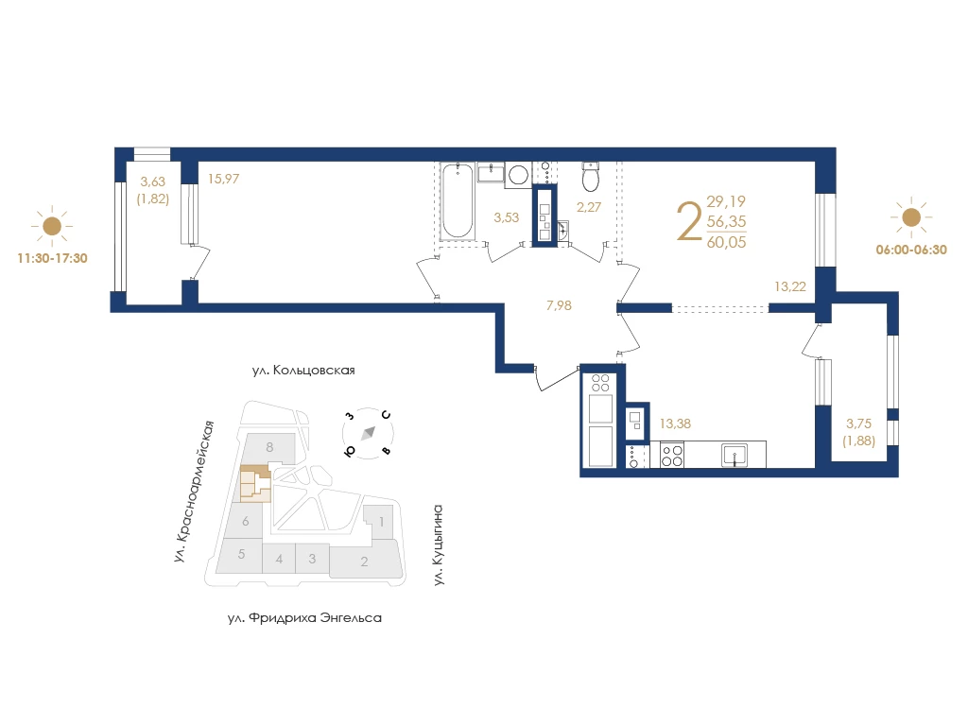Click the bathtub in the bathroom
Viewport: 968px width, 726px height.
(458, 200)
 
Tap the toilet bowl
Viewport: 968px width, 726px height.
(591, 178)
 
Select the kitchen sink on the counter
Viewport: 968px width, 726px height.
(735, 455)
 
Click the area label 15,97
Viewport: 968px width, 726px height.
(223, 179)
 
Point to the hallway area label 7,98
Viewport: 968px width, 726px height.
(559, 305)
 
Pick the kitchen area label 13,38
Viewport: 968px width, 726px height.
(675, 423)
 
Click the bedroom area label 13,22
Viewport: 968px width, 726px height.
(790, 286)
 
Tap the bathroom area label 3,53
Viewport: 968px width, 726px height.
(507, 217)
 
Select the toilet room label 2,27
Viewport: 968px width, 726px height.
(588, 207)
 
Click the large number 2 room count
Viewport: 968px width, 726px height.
(689, 221)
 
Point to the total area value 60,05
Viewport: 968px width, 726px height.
(727, 242)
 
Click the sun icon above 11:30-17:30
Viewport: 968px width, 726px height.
(52, 226)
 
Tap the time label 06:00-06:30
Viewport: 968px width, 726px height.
(911, 250)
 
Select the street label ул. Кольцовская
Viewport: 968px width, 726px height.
(303, 371)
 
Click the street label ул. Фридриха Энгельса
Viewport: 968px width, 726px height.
(304, 618)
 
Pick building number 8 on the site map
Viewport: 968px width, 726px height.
(269, 447)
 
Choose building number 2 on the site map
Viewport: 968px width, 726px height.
(364, 562)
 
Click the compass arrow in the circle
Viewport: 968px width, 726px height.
(368, 433)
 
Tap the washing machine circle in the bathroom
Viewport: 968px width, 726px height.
(518, 175)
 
